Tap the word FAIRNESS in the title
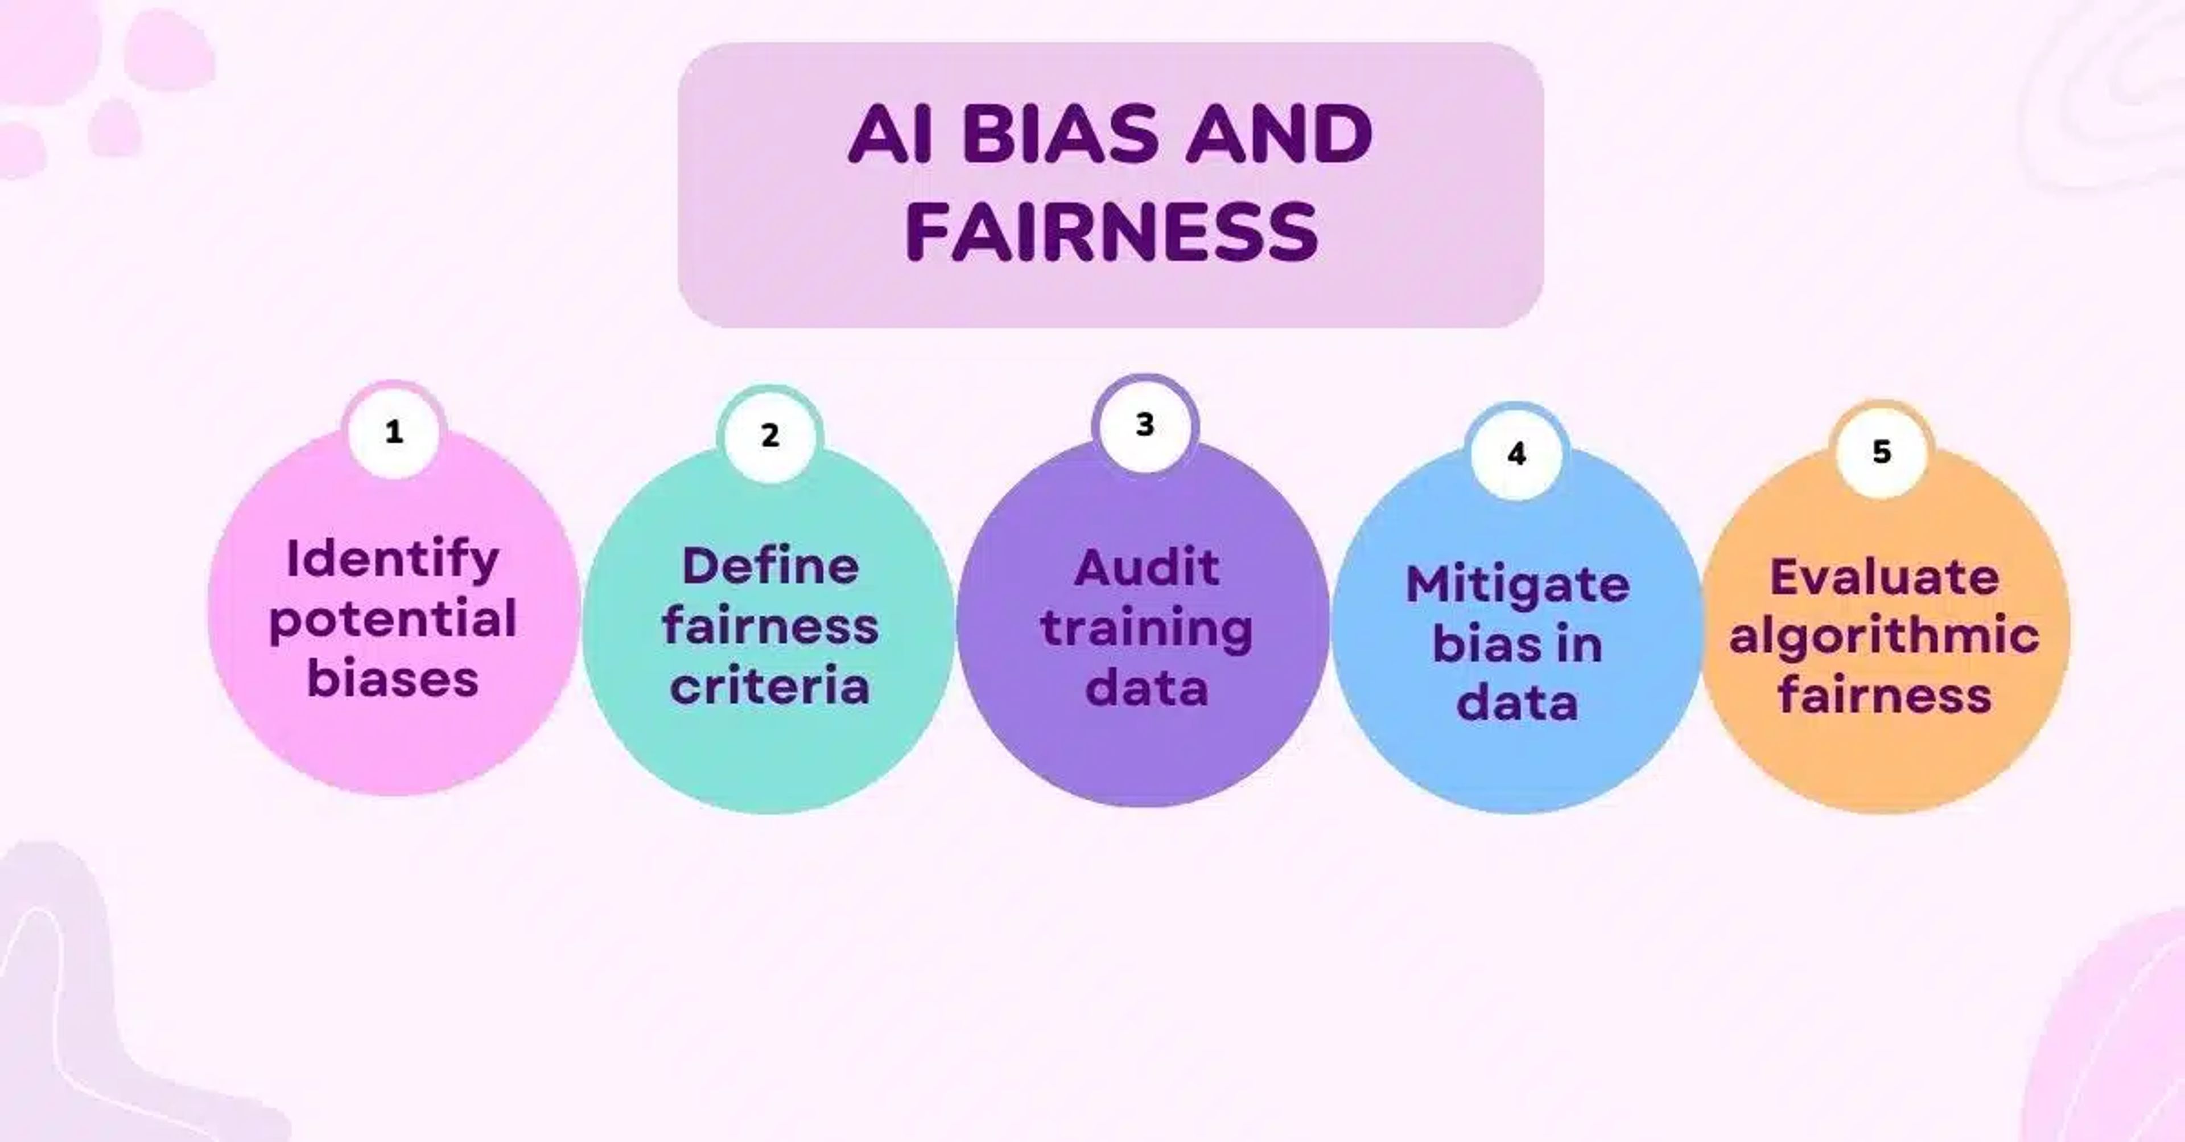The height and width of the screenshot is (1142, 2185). pyautogui.click(x=1111, y=232)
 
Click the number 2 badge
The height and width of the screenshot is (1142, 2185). pyautogui.click(x=769, y=436)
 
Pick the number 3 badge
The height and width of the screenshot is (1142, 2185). pyautogui.click(x=1145, y=424)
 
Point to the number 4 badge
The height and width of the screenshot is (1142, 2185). pyautogui.click(x=1516, y=454)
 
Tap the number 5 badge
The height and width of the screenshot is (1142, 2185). pyautogui.click(x=1881, y=451)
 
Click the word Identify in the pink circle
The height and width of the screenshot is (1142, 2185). pyautogui.click(x=393, y=560)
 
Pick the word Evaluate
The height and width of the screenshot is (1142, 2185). pyautogui.click(x=1885, y=578)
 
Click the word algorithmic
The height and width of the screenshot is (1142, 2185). pyautogui.click(x=1885, y=636)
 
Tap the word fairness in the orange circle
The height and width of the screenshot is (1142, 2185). pyautogui.click(x=1885, y=696)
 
